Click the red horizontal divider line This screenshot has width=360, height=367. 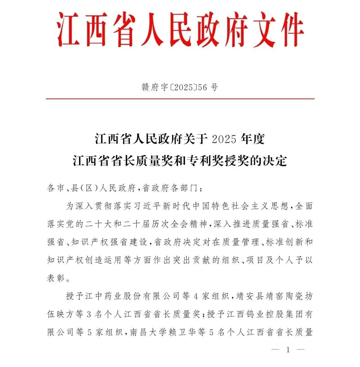click(180, 99)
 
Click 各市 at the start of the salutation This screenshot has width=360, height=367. click(56, 188)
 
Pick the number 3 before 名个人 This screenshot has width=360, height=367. click(89, 315)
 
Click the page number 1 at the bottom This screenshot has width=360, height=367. click(288, 350)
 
